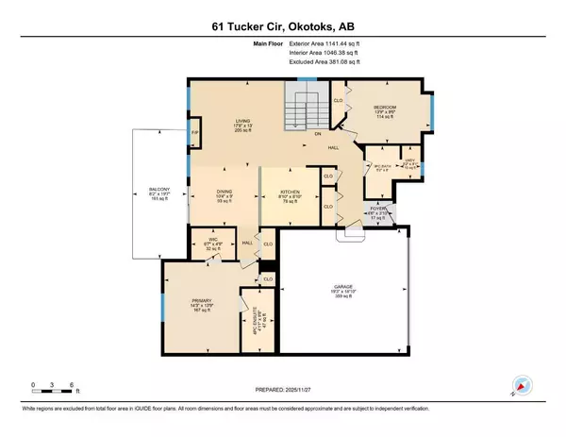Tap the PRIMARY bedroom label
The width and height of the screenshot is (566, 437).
(197, 302)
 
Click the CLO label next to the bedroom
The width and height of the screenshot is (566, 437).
(338, 96)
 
